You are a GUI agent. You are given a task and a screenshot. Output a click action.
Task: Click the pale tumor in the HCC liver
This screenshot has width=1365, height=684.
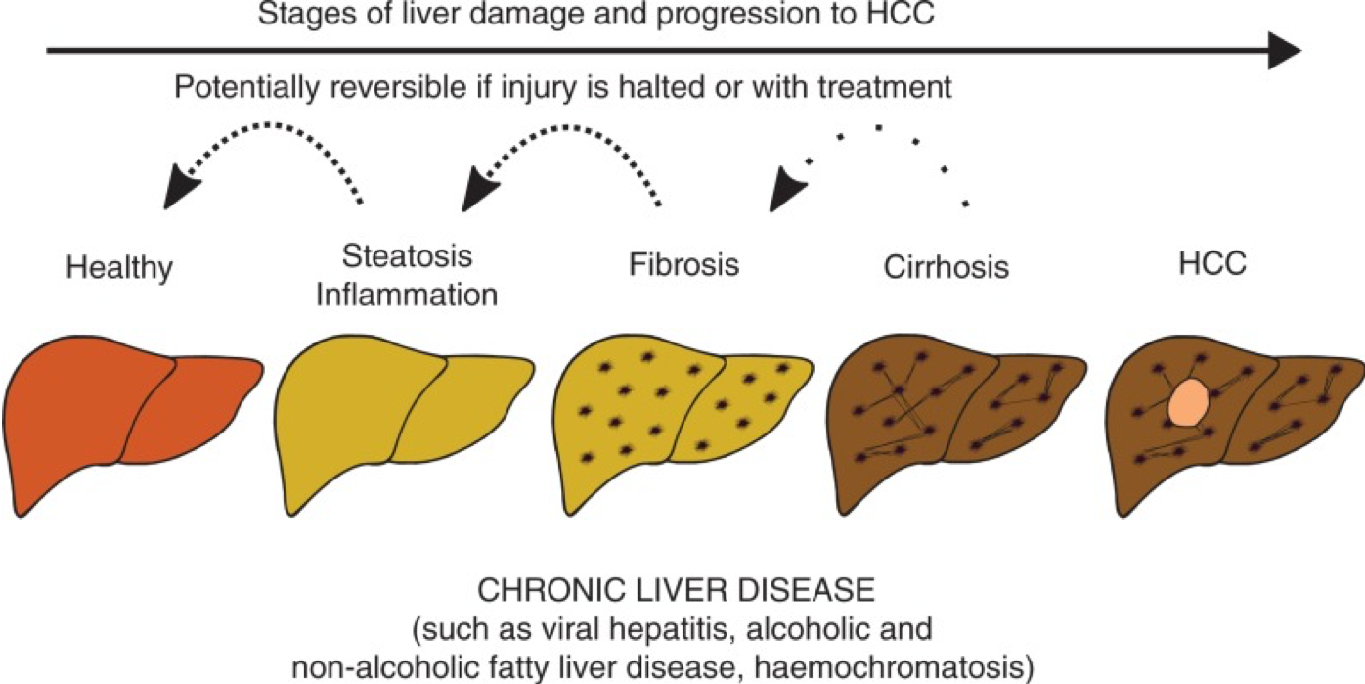(x=1188, y=402)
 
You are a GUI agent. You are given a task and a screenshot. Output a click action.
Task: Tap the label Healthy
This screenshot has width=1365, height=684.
(x=119, y=267)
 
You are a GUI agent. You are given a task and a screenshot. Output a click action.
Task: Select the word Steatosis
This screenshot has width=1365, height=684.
(x=407, y=256)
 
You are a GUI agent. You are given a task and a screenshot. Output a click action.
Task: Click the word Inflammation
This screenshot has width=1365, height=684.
(x=407, y=293)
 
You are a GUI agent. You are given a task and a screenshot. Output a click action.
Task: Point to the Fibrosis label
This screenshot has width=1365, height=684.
(x=682, y=265)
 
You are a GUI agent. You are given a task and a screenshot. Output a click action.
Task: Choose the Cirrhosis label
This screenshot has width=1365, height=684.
(x=946, y=266)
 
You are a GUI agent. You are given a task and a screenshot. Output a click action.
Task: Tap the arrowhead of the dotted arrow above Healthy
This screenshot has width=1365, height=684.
(x=179, y=189)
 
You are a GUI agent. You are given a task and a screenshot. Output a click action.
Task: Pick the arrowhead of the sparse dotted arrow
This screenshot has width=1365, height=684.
(x=787, y=188)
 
